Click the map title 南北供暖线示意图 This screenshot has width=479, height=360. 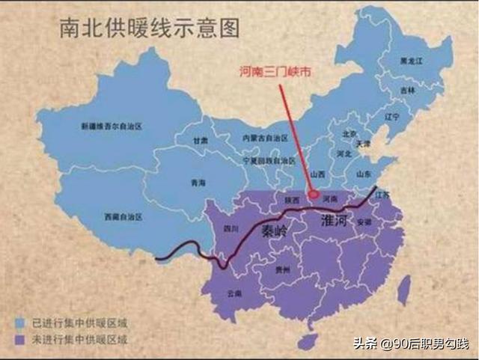click(x=150, y=28)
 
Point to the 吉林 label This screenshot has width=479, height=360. click(x=407, y=90)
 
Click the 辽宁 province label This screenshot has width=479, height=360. click(x=391, y=118)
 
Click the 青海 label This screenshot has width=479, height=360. click(x=197, y=182)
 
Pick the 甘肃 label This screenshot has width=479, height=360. click(x=199, y=141)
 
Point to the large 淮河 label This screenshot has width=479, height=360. click(x=335, y=219)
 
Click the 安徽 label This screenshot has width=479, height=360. click(x=364, y=222)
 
